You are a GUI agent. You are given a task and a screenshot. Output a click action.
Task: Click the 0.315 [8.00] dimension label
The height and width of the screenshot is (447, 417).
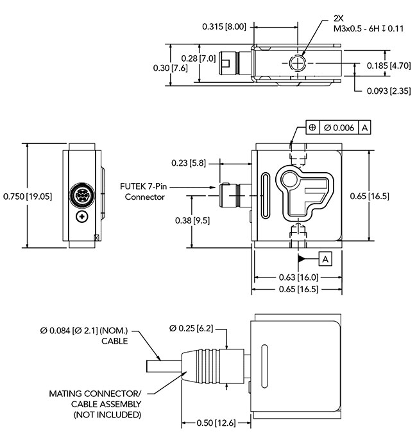tap(224, 26)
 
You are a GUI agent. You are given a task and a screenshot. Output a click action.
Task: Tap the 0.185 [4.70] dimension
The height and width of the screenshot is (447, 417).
tap(389, 66)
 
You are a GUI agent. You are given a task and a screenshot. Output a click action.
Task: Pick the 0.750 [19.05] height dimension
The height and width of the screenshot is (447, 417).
tap(27, 196)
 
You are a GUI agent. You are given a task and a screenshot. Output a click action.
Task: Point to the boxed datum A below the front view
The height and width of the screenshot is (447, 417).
tap(325, 258)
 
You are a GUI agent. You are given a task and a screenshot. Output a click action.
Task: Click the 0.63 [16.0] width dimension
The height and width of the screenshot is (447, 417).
tap(296, 277)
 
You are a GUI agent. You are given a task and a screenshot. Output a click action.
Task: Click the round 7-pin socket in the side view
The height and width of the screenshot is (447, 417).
tap(82, 195)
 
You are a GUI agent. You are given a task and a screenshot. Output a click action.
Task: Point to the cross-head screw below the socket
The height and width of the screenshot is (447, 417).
tap(82, 217)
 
